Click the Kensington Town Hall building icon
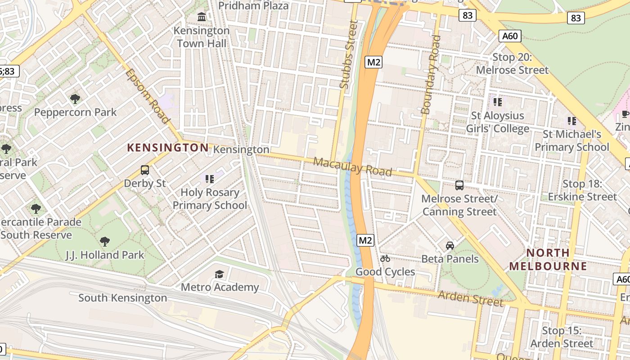coord(202,17)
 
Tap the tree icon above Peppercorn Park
coord(75,99)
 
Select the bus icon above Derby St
coord(145,170)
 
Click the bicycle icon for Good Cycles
coord(385,258)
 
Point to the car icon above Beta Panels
coord(450,245)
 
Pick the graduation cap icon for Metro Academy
coord(219,274)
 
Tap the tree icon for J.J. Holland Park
coord(105,242)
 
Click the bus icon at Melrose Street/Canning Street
coord(459,185)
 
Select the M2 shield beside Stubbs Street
coord(373,62)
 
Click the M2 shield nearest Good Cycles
coord(365,240)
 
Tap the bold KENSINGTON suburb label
coord(168,148)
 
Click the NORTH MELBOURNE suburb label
coord(548,259)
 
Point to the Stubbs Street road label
coord(349,54)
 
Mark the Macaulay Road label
coord(352,166)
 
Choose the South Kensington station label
coord(122,298)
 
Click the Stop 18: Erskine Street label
coord(582,190)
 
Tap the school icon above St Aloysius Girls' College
coord(497,102)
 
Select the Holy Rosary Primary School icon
coord(209,179)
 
